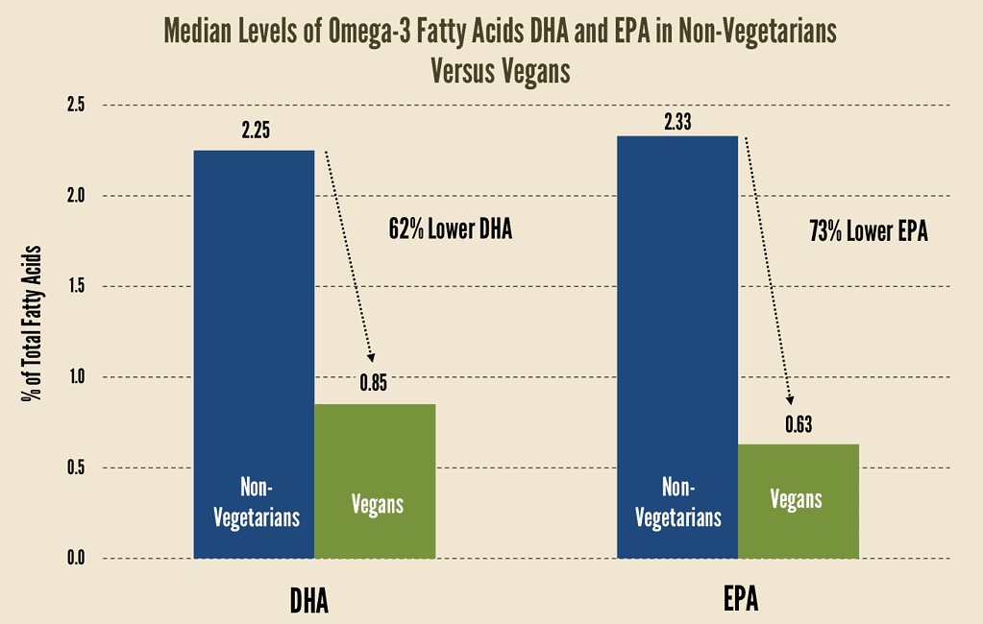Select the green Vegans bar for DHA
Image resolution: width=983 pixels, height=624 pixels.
(x=375, y=480)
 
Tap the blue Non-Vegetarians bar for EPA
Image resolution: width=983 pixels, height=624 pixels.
(x=677, y=346)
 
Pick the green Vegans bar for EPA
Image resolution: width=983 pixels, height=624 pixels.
(x=798, y=500)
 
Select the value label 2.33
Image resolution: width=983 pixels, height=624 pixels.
(x=677, y=120)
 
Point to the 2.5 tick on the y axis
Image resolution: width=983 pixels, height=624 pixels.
(x=76, y=105)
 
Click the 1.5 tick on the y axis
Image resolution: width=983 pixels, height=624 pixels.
(x=76, y=286)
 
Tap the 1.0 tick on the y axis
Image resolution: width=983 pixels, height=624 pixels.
(x=76, y=377)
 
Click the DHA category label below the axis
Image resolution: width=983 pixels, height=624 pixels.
(x=309, y=600)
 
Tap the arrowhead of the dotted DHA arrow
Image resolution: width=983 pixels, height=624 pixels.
(x=372, y=357)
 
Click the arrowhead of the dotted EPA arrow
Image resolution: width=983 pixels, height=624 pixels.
(x=791, y=401)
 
